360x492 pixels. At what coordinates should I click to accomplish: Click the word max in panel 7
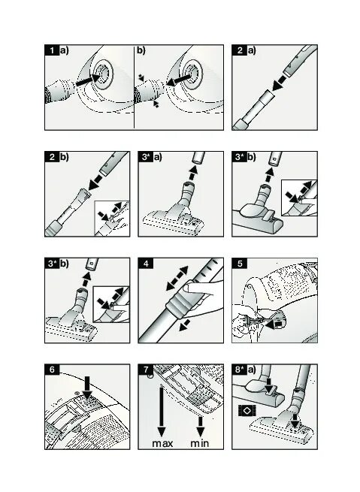162,444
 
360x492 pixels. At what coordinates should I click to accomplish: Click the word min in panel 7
200,443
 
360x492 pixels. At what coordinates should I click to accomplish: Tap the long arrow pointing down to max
162,412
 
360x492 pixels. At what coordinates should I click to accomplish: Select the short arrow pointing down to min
201,427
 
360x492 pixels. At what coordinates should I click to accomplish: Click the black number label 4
146,263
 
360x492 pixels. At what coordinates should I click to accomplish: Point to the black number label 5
240,263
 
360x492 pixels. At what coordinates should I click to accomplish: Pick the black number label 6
52,370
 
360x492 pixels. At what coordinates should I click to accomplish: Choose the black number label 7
146,370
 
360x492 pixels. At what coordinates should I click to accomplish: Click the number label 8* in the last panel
240,370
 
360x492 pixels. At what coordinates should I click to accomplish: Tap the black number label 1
52,50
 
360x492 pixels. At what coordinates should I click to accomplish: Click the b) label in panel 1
141,50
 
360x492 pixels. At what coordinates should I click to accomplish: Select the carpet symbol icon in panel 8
247,410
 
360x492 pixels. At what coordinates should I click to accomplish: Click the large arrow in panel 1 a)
88,80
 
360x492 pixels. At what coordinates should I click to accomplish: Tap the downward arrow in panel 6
87,388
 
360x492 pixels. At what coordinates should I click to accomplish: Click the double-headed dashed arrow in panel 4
177,278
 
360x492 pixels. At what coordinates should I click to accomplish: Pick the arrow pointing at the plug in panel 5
274,324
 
